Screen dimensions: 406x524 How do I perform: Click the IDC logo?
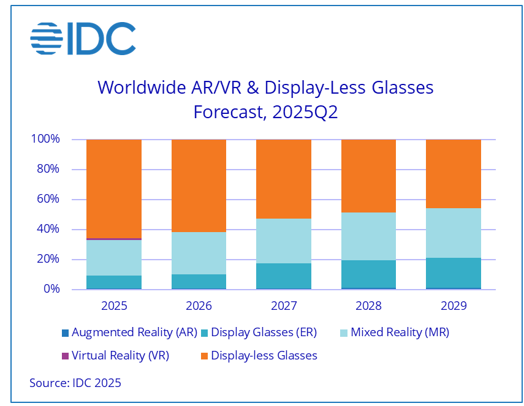tap(83, 38)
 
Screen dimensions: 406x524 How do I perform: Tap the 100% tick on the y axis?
tap(45, 139)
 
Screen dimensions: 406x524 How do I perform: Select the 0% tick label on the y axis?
tap(50, 289)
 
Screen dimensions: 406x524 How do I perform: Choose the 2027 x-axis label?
tap(284, 306)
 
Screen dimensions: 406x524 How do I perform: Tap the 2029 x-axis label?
tap(454, 306)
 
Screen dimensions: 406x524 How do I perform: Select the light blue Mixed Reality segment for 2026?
tap(199, 253)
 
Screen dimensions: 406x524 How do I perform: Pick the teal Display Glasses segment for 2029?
tap(454, 273)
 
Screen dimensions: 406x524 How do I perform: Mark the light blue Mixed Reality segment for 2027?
tap(284, 241)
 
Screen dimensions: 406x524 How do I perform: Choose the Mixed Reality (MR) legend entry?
tap(395, 333)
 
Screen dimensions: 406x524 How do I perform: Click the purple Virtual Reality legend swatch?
tap(65, 356)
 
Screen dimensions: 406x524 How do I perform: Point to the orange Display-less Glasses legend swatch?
tap(204, 356)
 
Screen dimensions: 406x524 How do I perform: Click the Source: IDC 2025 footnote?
tap(75, 383)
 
